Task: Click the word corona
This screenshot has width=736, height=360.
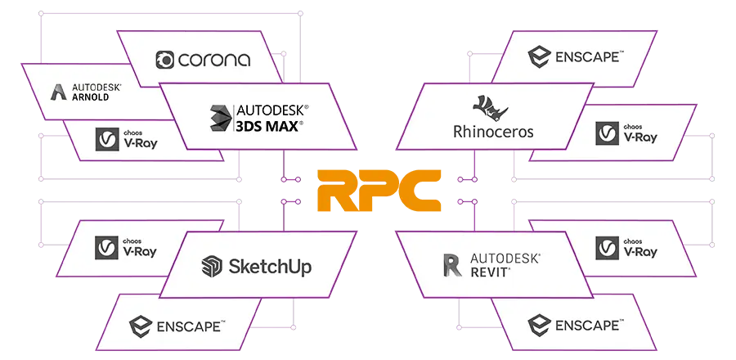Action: [215, 61]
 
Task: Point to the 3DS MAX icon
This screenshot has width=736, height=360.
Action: [220, 118]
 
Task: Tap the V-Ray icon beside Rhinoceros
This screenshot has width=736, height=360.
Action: [606, 133]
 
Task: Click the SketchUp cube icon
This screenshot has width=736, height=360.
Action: [212, 266]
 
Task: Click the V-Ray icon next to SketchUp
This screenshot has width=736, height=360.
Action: [107, 246]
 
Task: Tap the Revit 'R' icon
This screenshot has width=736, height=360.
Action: [452, 265]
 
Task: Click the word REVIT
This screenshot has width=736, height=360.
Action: [491, 272]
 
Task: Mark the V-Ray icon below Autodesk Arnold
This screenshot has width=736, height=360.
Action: [107, 141]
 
